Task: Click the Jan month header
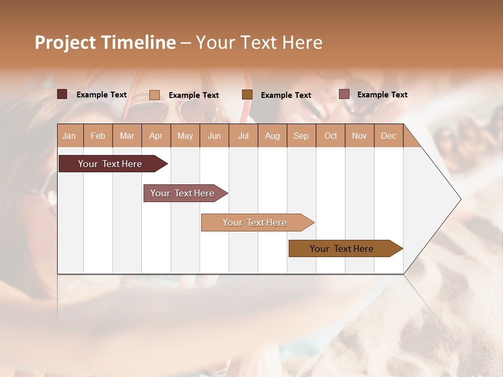point(69,136)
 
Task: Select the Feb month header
point(98,136)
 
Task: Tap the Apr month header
point(156,136)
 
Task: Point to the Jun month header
point(214,136)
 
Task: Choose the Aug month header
point(272,136)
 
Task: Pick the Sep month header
point(301,136)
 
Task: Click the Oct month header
point(331,136)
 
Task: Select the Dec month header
point(388,136)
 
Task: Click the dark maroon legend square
point(62,94)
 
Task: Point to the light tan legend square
point(154,95)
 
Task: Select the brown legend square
point(247,94)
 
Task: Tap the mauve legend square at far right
point(344,94)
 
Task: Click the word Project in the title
point(65,42)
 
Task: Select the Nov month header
point(359,136)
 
